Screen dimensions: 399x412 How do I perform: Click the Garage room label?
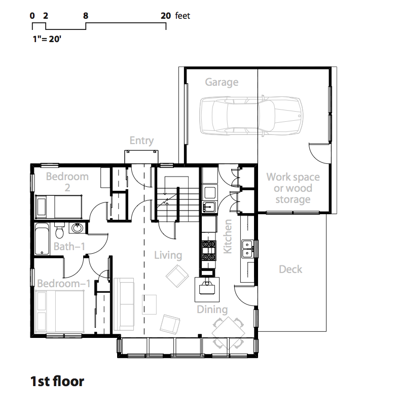pyautogui.click(x=222, y=82)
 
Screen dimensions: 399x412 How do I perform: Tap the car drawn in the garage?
pyautogui.click(x=251, y=116)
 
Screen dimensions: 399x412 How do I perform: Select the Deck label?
pyautogui.click(x=291, y=269)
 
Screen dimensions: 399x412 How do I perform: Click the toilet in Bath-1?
pyautogui.click(x=60, y=230)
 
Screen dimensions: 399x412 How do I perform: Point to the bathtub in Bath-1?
pyautogui.click(x=42, y=239)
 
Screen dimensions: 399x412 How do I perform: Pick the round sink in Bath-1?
pyautogui.click(x=77, y=228)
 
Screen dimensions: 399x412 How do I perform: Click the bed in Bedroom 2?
pyautogui.click(x=58, y=207)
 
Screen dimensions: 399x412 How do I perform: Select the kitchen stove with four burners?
pyautogui.click(x=209, y=251)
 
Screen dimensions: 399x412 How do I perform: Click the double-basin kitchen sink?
pyautogui.click(x=247, y=249)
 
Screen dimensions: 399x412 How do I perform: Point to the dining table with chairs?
pyautogui.click(x=228, y=333)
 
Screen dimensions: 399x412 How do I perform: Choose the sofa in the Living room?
pyautogui.click(x=124, y=304)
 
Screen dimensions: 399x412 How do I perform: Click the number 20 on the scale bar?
pyautogui.click(x=166, y=16)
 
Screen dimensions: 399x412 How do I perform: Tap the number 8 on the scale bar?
pyautogui.click(x=86, y=16)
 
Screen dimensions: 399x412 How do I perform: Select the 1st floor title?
pyautogui.click(x=57, y=381)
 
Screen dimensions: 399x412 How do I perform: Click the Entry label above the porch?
pyautogui.click(x=141, y=141)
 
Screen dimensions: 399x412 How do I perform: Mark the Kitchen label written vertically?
pyautogui.click(x=227, y=236)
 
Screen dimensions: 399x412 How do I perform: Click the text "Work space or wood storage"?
pyautogui.click(x=293, y=188)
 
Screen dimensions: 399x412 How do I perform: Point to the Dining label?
pyautogui.click(x=212, y=310)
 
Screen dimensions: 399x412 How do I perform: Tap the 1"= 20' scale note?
pyautogui.click(x=47, y=39)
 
